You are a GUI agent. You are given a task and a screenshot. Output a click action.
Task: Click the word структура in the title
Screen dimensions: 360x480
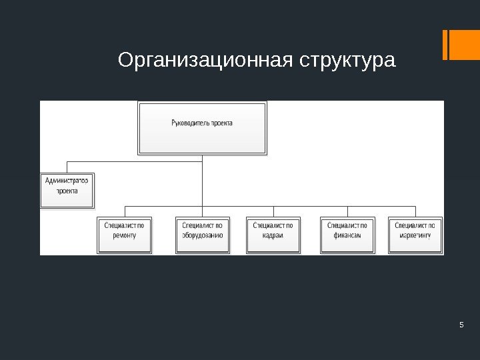[x=347, y=61]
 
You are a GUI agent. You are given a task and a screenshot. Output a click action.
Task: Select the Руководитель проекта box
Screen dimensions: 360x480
[x=202, y=127]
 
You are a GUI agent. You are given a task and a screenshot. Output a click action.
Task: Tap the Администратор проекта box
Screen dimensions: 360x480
[x=67, y=189]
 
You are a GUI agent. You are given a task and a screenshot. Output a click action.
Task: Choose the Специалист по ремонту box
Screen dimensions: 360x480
[x=124, y=235]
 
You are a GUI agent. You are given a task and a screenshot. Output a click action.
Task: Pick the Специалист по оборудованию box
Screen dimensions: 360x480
[x=203, y=235]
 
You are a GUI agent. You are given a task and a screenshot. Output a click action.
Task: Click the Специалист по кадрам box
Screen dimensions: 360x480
[x=273, y=235]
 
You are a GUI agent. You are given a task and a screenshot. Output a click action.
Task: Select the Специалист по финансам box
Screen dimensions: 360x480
[x=347, y=235]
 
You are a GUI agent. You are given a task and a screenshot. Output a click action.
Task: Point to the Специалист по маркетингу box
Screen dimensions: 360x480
[x=415, y=235]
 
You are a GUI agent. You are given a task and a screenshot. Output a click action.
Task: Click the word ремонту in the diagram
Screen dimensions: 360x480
[x=124, y=235]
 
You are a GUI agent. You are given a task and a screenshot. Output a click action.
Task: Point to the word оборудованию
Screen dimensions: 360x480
[x=203, y=235]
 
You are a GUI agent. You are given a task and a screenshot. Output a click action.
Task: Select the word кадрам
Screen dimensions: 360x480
[x=273, y=235]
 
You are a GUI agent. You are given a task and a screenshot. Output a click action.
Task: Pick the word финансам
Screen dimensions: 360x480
[x=347, y=235]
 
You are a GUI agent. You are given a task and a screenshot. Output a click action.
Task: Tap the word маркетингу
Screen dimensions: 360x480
[x=415, y=235]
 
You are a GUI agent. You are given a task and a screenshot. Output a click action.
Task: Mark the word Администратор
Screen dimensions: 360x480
[x=67, y=180]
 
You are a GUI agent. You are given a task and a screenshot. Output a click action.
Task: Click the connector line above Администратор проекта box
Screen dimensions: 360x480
[x=67, y=166]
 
